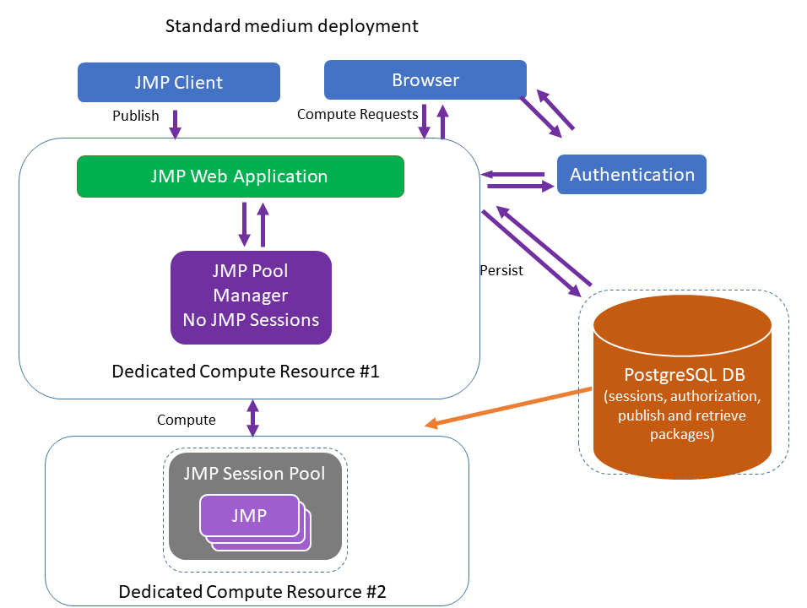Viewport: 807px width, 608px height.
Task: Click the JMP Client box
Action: pos(178,83)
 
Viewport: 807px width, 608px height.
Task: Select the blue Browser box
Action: pos(425,80)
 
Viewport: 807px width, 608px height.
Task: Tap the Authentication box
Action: pos(631,175)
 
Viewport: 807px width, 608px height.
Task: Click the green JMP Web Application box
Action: pos(240,176)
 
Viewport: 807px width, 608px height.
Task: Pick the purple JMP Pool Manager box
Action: pos(251,296)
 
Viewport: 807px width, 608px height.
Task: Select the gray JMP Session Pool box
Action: pos(254,506)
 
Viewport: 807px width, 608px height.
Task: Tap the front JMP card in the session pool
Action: pos(249,515)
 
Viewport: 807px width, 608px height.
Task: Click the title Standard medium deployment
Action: pos(291,26)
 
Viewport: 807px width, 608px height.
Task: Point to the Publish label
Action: pos(135,116)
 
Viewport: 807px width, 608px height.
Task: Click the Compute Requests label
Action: pos(357,114)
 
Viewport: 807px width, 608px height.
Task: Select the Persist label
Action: pos(501,271)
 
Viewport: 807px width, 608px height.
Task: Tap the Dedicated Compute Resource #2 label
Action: pos(252,590)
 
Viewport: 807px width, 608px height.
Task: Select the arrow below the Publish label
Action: pos(175,124)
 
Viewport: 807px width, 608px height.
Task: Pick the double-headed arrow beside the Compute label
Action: pos(252,418)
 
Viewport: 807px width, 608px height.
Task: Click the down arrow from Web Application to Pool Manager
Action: pos(244,223)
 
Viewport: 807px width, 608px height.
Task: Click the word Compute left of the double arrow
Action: pos(186,420)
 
